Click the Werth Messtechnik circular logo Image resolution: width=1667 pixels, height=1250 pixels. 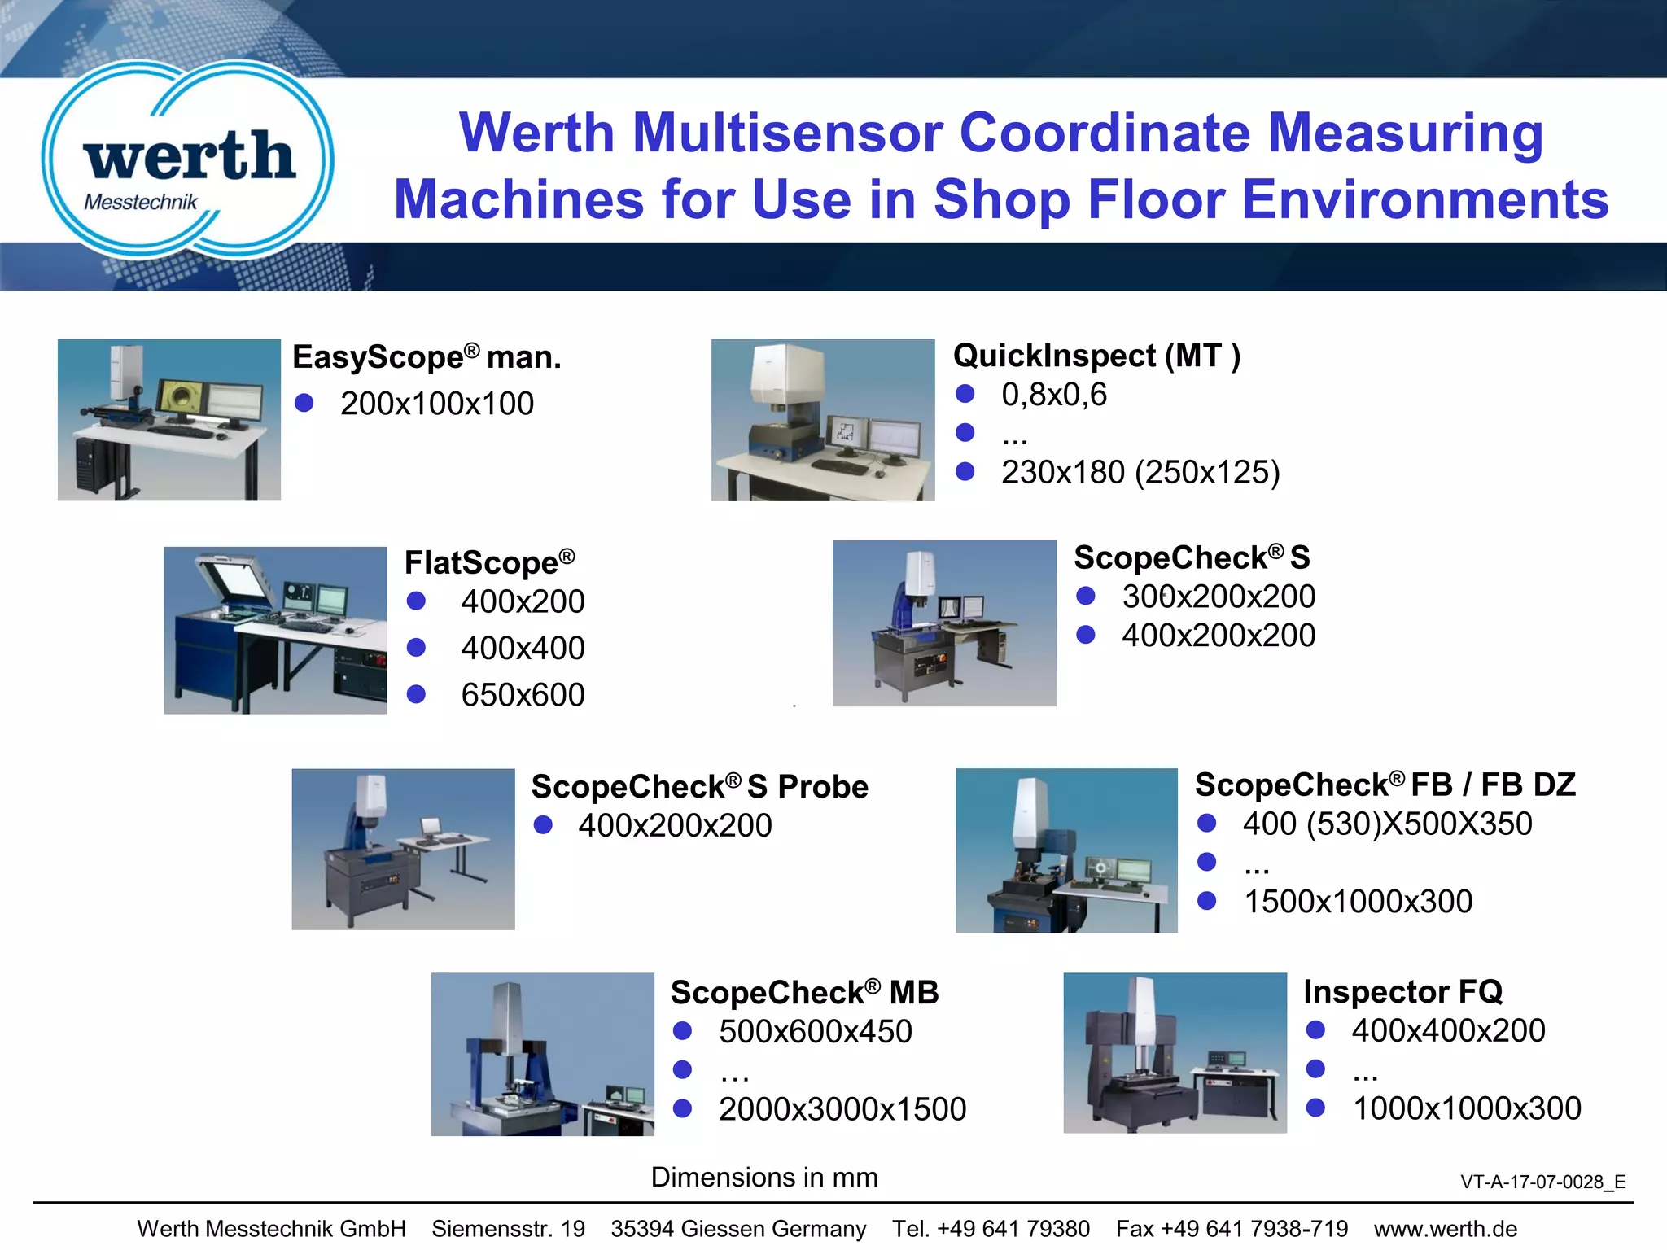(187, 160)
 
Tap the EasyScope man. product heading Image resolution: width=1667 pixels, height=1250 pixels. (427, 357)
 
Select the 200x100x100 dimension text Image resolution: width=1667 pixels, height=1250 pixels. (437, 404)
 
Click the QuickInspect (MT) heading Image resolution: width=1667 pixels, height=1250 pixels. (1096, 356)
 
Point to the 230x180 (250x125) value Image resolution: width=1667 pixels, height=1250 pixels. (1140, 472)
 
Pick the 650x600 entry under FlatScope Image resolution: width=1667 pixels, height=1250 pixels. (523, 695)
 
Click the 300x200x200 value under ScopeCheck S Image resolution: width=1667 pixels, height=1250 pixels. (1219, 597)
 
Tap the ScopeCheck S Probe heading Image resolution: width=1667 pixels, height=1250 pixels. (699, 787)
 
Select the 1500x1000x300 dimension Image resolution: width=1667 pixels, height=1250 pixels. (1358, 902)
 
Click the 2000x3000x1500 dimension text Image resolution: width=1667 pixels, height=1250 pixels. (842, 1109)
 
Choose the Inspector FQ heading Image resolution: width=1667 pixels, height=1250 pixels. (1402, 992)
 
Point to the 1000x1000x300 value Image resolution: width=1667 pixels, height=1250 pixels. (1467, 1108)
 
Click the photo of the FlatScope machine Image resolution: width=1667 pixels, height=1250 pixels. (275, 630)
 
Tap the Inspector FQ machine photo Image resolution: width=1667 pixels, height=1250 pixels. (1175, 1053)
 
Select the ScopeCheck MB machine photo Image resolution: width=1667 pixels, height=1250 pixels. (542, 1054)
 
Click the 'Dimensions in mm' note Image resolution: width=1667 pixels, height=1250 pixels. (764, 1178)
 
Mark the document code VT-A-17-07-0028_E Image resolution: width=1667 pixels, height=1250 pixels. (1542, 1182)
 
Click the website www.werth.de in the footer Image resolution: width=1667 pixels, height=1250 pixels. (1446, 1229)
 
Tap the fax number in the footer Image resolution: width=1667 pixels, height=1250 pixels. (1232, 1229)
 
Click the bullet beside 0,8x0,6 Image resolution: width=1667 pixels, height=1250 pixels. (965, 394)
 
